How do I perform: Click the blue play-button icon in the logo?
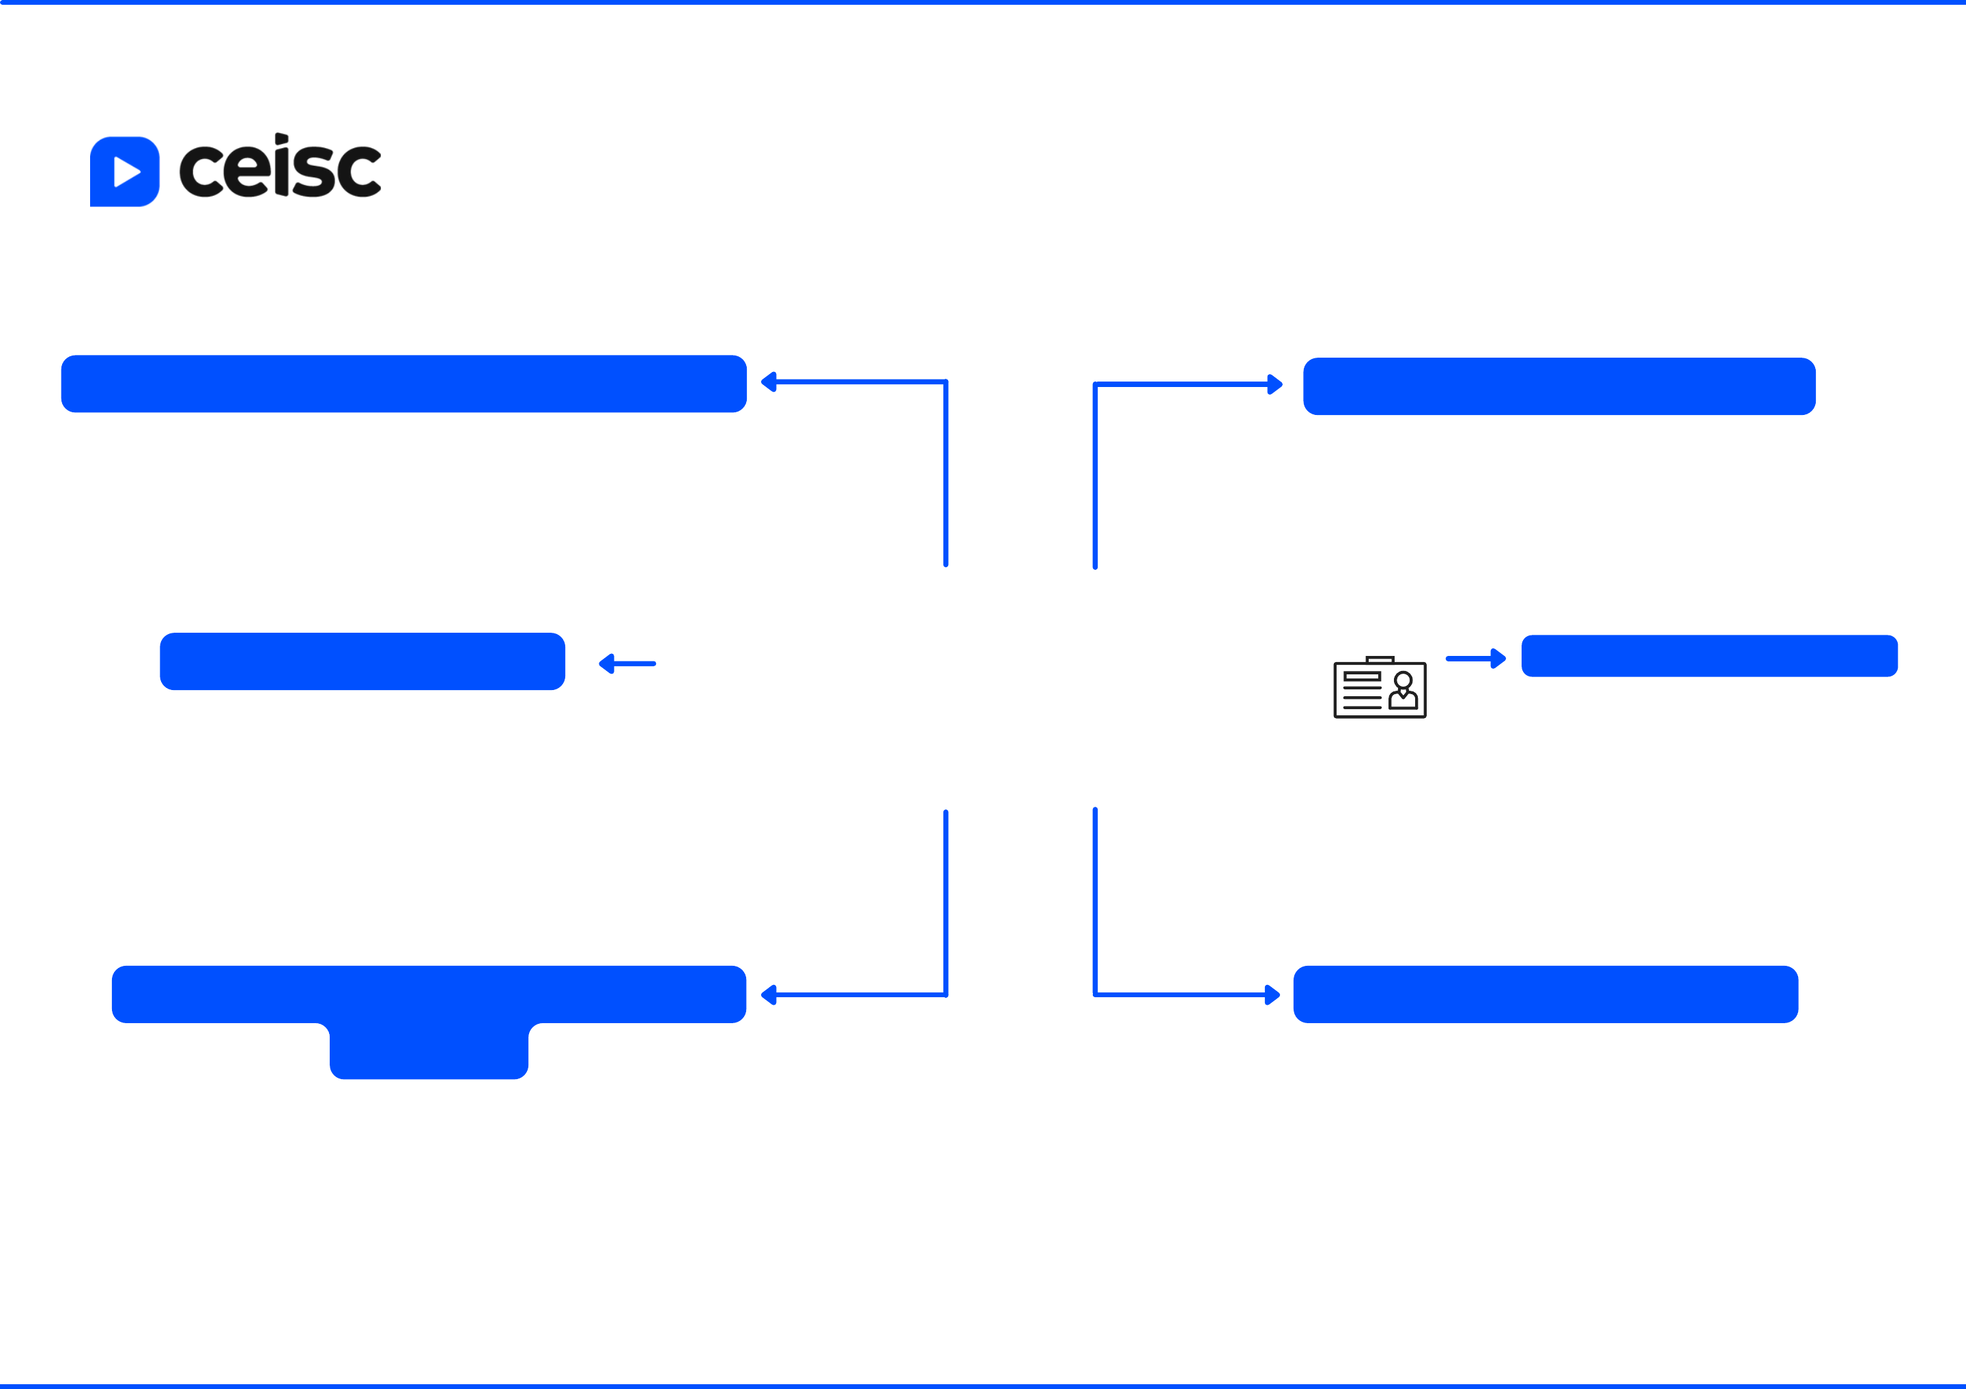coord(124,171)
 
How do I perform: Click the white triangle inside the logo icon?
coord(126,172)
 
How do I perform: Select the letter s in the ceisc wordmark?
coord(313,172)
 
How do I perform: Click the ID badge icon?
coord(1380,689)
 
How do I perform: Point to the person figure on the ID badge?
coord(1403,691)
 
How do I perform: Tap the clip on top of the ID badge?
coord(1380,659)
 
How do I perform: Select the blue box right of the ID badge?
coord(1709,656)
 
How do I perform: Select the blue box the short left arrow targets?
coord(362,661)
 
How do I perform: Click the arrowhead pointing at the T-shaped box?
coord(769,994)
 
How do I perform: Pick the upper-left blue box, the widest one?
coord(403,384)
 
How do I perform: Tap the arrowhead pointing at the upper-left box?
coord(769,382)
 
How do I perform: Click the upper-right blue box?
coord(1559,386)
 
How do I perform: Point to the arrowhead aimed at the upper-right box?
coord(1274,384)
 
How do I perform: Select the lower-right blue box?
coord(1545,994)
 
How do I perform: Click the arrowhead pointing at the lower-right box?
coord(1272,995)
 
